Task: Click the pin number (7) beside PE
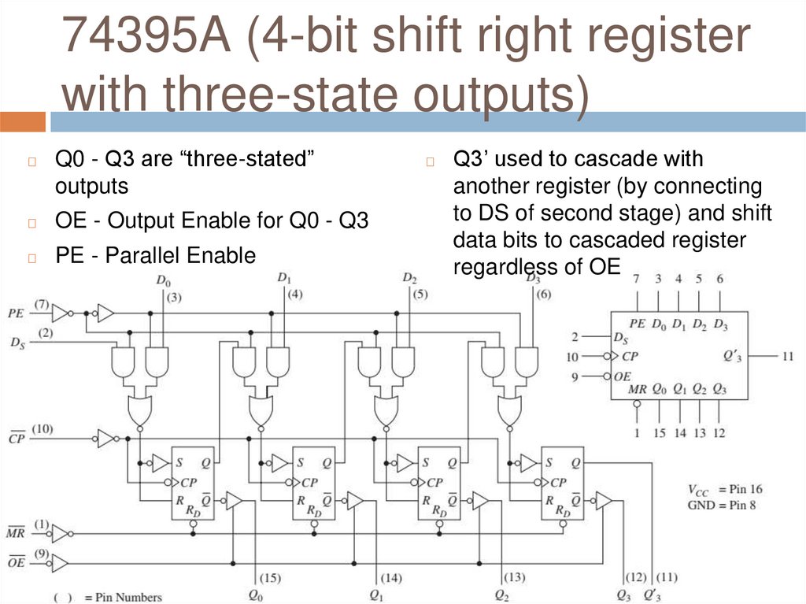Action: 42,304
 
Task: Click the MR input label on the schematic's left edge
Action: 16,534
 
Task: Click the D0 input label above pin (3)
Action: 163,280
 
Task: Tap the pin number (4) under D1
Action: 294,295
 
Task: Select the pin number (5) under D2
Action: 420,295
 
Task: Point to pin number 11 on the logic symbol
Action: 788,357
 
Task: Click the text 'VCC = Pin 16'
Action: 724,490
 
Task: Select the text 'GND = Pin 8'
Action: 721,505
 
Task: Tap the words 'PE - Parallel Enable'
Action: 155,255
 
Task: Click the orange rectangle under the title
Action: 23,121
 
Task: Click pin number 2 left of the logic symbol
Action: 575,337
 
